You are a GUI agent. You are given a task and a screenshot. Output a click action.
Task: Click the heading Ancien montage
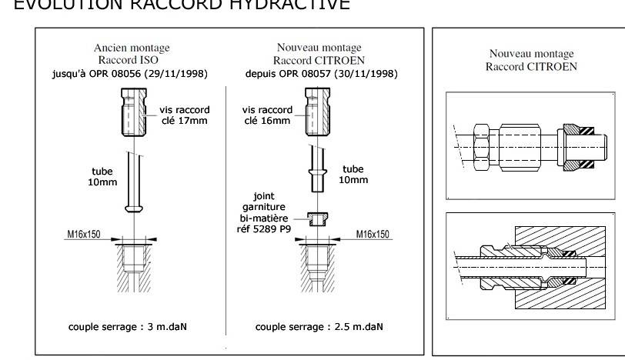[x=132, y=48]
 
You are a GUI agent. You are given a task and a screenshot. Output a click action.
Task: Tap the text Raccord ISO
[x=132, y=60]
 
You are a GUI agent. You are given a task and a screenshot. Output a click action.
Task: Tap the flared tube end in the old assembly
[x=134, y=208]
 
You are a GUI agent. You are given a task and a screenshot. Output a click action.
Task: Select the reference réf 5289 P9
[x=265, y=228]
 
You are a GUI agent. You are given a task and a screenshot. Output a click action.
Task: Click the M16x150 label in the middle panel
[x=372, y=234]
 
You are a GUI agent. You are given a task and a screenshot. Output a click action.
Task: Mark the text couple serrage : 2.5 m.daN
[x=319, y=326]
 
